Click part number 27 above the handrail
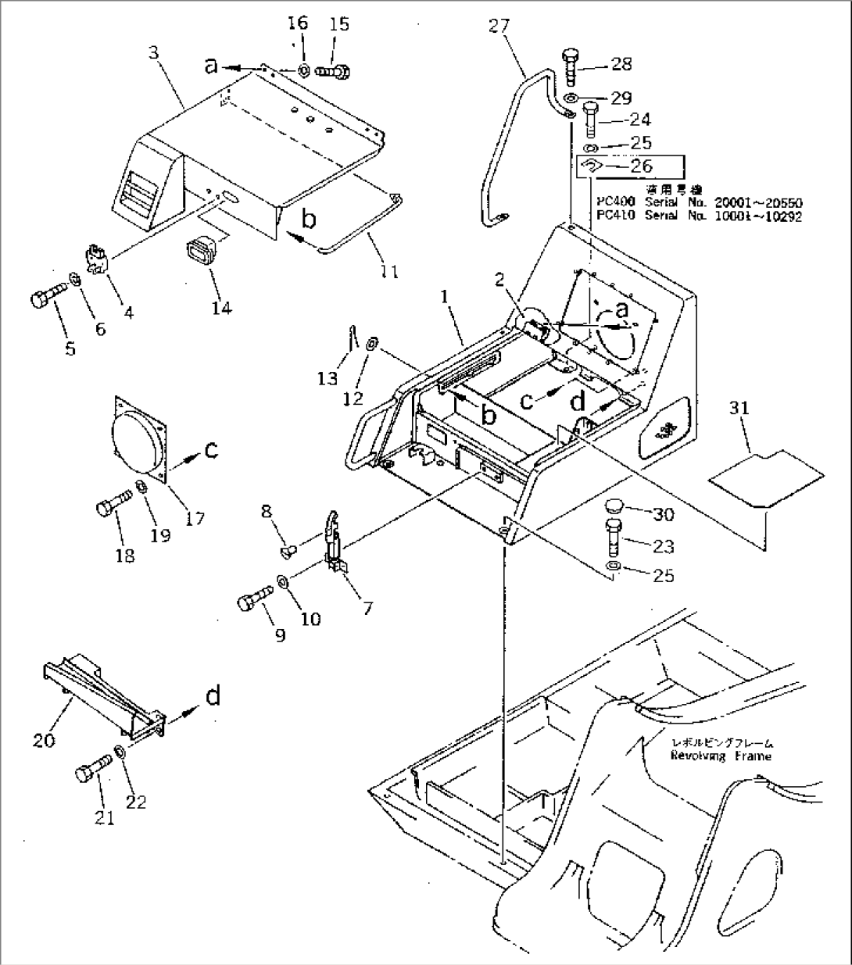[498, 26]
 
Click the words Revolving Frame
[720, 756]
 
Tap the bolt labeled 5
[46, 301]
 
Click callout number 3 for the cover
[155, 53]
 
